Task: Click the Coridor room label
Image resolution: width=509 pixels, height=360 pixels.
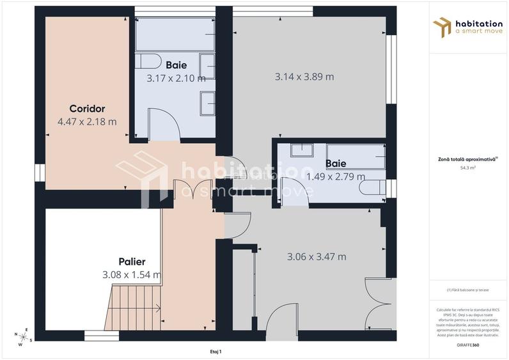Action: (87, 109)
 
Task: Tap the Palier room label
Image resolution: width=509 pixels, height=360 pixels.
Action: (132, 262)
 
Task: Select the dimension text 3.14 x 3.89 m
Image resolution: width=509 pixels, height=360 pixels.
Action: (304, 77)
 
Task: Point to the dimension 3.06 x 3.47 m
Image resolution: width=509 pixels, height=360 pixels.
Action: (317, 257)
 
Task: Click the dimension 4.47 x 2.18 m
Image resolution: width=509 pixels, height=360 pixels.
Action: (87, 121)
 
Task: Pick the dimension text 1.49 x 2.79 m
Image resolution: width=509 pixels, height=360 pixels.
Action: (336, 176)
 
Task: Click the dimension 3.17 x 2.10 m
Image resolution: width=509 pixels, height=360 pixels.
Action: (176, 79)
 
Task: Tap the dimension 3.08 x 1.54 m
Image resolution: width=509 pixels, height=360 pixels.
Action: (131, 275)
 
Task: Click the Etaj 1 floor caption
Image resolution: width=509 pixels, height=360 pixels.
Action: (215, 351)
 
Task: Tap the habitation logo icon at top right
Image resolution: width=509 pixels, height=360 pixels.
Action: (442, 27)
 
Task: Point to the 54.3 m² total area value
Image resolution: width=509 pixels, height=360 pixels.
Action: (469, 168)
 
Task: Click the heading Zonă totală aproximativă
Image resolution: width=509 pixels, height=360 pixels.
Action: (469, 160)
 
